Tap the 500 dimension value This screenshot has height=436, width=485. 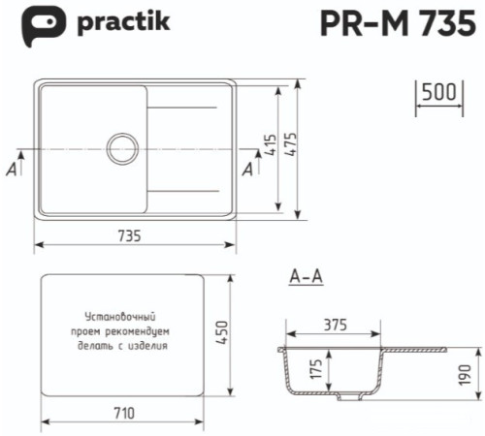[439, 93]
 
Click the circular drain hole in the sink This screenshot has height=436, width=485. [123, 148]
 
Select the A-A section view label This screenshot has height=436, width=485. [306, 278]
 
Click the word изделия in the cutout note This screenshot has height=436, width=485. [152, 344]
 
